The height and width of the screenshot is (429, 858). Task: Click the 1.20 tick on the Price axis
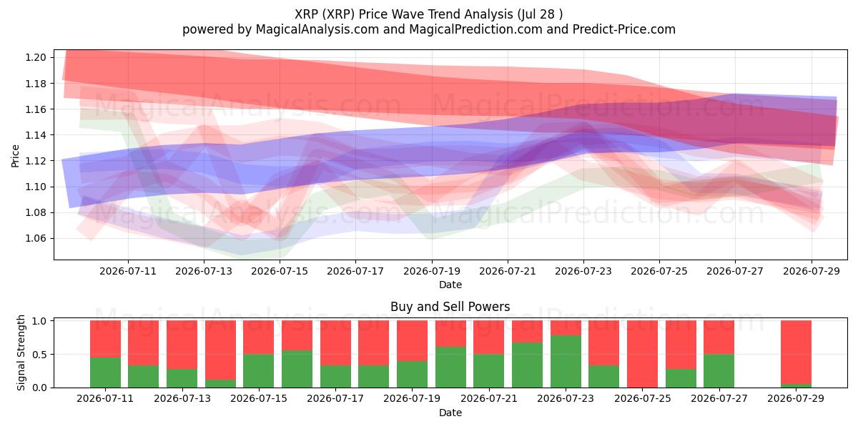(36, 57)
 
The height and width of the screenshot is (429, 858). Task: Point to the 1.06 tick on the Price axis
(36, 238)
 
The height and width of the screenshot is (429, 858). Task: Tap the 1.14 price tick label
(36, 135)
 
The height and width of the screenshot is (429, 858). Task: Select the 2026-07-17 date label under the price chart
(355, 271)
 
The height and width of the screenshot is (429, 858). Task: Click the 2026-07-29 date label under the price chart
(812, 271)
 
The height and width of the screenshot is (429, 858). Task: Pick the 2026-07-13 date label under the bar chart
(182, 398)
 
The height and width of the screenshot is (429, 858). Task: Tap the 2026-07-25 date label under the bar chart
(642, 398)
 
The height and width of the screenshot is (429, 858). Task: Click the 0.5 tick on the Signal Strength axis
(39, 355)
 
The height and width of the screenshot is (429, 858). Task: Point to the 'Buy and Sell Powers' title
(450, 307)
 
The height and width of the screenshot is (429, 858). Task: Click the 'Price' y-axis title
(15, 156)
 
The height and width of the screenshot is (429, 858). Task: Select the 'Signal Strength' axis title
(21, 352)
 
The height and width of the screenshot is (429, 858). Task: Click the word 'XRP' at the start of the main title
(306, 14)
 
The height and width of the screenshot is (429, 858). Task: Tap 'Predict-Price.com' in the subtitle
(624, 29)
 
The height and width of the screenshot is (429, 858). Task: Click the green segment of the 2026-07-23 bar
(566, 362)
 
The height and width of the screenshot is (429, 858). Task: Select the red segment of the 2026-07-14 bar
(221, 350)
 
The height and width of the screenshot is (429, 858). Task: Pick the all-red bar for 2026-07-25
(642, 354)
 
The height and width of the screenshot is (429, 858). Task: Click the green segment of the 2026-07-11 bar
(105, 373)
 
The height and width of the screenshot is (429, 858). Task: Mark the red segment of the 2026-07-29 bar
(796, 352)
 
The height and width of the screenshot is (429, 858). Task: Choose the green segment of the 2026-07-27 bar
(719, 371)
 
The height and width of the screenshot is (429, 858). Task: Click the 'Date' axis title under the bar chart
(450, 413)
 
